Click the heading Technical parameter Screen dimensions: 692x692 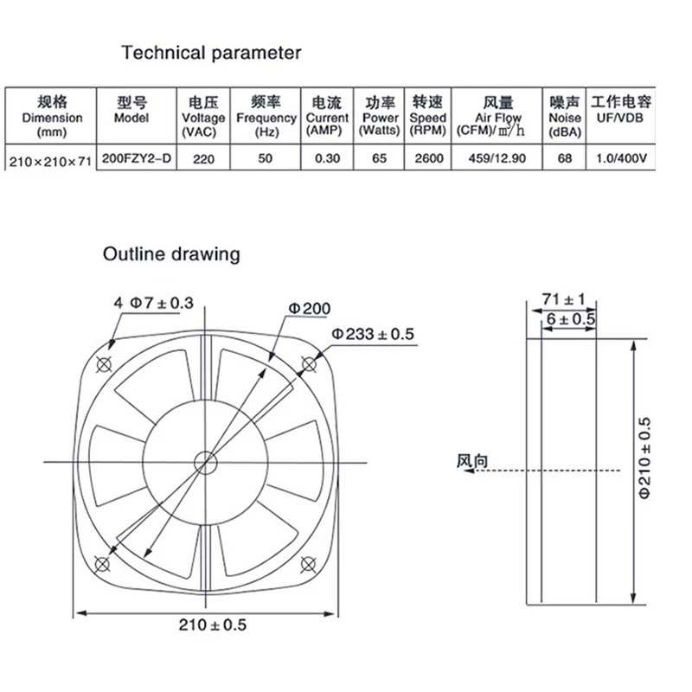211,54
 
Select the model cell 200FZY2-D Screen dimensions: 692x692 137,158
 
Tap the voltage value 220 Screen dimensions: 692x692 203,159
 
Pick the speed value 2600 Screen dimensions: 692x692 428,158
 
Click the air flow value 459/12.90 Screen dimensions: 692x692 497,158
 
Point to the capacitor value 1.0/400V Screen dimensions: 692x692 621,158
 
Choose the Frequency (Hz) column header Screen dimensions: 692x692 266,117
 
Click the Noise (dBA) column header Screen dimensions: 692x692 565,117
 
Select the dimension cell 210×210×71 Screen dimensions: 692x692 50,162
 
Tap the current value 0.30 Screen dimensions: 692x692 328,158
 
